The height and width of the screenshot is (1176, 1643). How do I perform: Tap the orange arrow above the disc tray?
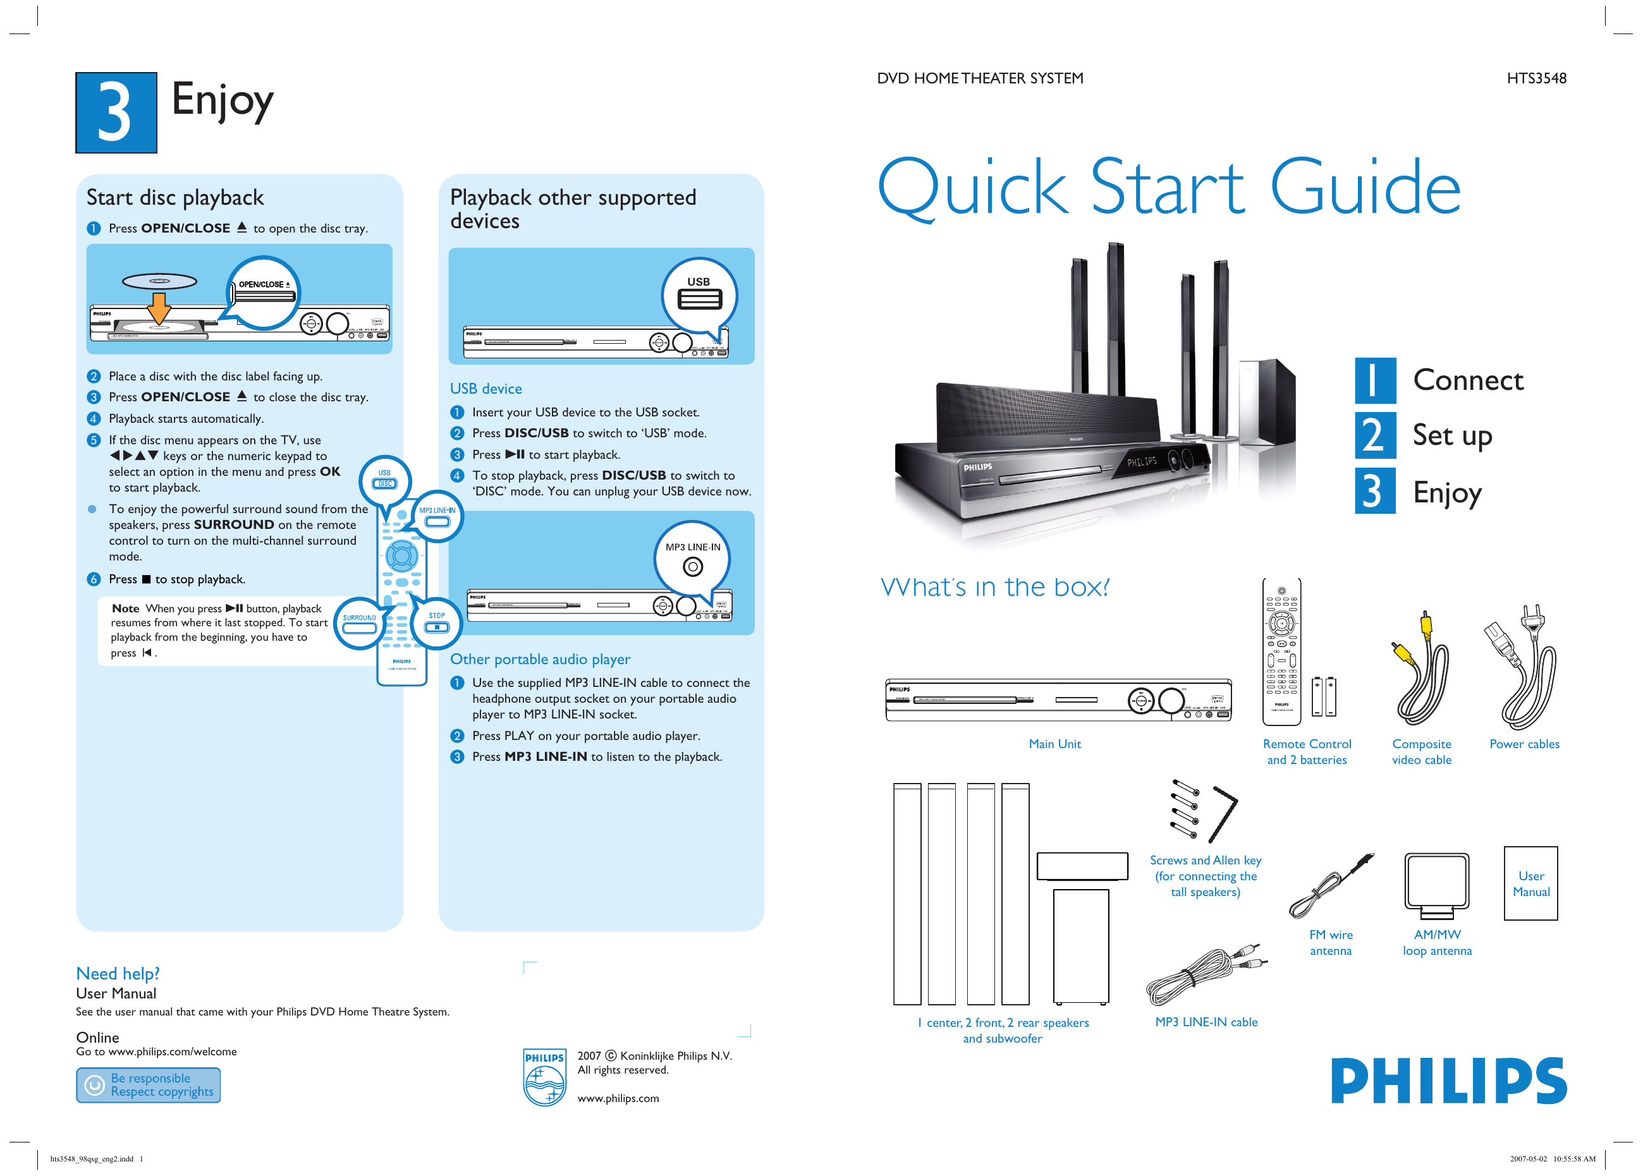point(159,308)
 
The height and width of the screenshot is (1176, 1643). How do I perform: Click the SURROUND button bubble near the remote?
point(359,623)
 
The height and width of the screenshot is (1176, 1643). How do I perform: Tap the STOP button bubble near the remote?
point(436,622)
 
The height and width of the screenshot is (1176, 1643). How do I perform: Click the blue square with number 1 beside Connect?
point(1374,381)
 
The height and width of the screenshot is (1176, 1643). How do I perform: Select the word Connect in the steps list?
point(1468,381)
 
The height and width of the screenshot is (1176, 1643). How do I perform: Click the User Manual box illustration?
point(1530,883)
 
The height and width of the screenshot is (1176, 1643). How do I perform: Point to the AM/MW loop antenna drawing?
point(1436,885)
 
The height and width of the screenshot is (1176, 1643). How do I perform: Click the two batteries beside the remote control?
point(1324,696)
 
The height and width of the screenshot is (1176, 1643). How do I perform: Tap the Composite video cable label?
point(1420,751)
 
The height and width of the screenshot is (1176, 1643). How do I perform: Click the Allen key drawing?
point(1223,813)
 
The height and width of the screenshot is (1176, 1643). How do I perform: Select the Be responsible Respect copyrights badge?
point(149,1085)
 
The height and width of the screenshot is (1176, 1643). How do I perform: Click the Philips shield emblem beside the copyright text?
point(544,1077)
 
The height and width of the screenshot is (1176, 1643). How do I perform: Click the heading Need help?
point(118,973)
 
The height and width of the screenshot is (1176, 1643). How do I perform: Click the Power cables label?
point(1524,744)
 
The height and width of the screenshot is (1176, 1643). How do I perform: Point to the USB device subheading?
point(486,389)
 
